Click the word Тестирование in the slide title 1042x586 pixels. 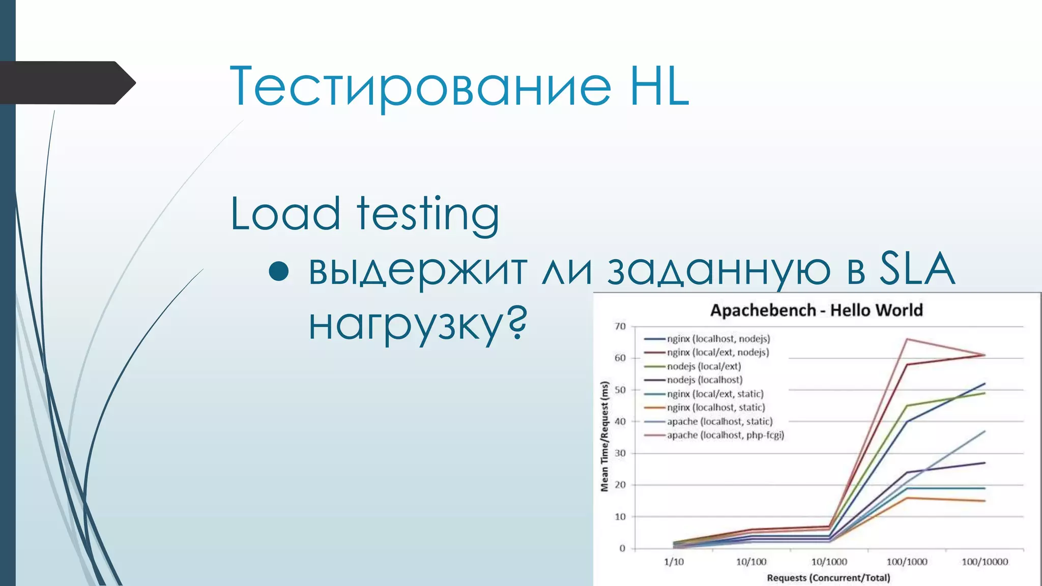click(420, 86)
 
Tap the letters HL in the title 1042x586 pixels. click(659, 86)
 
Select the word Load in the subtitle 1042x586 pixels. click(285, 214)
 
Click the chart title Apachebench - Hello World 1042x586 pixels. click(816, 310)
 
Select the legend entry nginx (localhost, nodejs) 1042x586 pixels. click(718, 339)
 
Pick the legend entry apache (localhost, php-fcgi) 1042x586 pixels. click(726, 435)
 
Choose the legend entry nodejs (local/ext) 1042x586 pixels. click(704, 366)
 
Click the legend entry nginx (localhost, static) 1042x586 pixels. click(716, 407)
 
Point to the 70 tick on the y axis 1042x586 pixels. click(620, 326)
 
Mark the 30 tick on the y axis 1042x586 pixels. click(620, 453)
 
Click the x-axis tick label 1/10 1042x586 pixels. click(674, 562)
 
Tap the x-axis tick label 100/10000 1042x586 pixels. click(985, 562)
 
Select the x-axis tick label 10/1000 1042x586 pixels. click(829, 562)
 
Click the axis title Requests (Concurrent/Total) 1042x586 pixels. click(829, 578)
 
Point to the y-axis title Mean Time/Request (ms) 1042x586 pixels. click(605, 436)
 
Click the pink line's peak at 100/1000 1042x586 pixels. click(907, 339)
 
